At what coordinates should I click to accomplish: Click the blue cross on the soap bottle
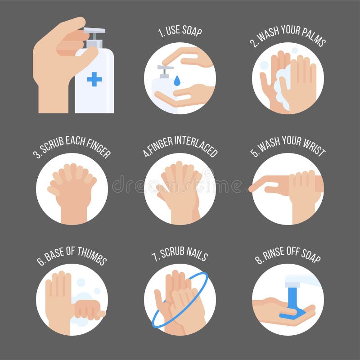pyautogui.click(x=94, y=79)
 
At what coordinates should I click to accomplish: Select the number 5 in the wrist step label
pyautogui.click(x=255, y=152)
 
